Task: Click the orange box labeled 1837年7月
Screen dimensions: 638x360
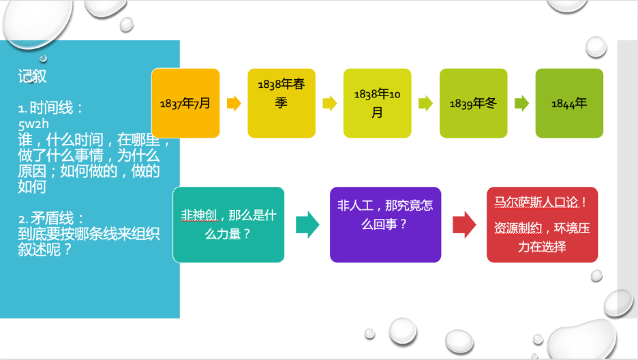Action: pos(185,104)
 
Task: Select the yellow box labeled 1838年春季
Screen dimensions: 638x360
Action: pos(282,104)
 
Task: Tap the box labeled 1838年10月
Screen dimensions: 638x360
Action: pos(377,104)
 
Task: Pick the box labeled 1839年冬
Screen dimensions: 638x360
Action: pos(473,104)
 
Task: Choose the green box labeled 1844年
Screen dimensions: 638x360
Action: pos(569,104)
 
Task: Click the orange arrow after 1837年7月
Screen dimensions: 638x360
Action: pos(234,104)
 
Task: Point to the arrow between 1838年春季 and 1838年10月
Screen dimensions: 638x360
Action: pos(330,104)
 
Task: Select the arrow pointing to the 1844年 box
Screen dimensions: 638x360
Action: pos(521,104)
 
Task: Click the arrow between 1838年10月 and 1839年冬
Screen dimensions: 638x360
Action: pos(425,104)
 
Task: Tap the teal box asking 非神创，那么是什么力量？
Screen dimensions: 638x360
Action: pos(228,224)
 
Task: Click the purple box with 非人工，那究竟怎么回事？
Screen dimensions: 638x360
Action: pos(385,224)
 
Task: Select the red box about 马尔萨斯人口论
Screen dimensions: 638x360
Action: pos(543,224)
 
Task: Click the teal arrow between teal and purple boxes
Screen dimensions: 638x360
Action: pos(307,224)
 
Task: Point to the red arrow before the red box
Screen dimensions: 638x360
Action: pos(464,224)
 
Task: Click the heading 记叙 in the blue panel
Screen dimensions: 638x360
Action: pos(32,76)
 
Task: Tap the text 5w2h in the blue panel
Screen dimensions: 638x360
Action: pos(33,124)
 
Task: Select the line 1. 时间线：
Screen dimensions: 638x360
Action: pos(51,108)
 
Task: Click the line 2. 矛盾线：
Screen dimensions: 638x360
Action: pos(51,219)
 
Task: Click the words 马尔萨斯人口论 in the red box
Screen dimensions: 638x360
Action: pos(536,202)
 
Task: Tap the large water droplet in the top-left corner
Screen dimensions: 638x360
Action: pos(37,22)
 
